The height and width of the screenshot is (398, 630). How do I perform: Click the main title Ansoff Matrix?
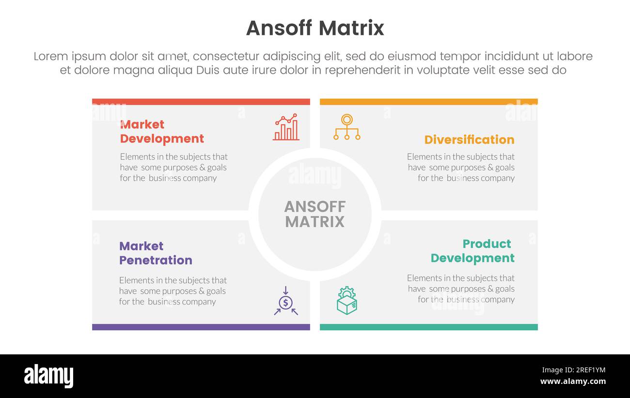click(315, 28)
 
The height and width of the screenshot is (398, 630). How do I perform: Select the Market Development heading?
click(162, 132)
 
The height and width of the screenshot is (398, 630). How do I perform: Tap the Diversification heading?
click(469, 140)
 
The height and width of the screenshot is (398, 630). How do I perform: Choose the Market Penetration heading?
click(156, 253)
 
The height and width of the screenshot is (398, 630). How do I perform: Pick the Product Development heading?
click(472, 251)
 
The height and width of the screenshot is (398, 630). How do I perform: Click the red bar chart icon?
click(286, 127)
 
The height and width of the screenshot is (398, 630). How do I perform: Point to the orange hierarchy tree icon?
click(347, 127)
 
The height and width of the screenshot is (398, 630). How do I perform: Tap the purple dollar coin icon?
click(285, 302)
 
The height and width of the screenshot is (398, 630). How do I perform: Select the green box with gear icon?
click(347, 301)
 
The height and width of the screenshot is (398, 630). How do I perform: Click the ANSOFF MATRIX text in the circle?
click(315, 214)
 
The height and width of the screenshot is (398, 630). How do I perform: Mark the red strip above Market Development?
click(201, 102)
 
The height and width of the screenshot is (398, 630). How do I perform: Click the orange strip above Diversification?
click(429, 102)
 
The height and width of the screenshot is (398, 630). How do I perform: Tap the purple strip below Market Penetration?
click(201, 327)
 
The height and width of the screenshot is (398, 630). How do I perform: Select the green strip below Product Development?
click(429, 327)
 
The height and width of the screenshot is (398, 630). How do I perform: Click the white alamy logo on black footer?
click(49, 376)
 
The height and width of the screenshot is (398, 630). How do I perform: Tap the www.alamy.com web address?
click(573, 382)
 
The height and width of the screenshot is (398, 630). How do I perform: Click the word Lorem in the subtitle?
click(51, 57)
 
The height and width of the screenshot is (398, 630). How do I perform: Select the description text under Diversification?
click(461, 167)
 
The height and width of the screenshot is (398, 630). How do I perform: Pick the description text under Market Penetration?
click(173, 291)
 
